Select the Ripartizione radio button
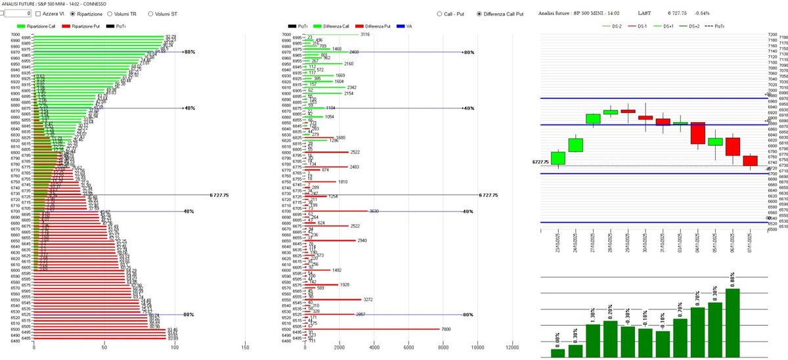pos(73,13)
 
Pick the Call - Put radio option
pos(439,13)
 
